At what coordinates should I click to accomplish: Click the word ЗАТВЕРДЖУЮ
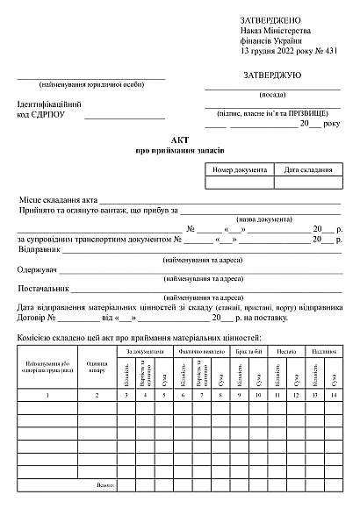tap(272, 75)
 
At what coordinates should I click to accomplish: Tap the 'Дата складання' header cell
tap(307, 169)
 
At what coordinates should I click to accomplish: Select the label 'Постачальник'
tap(43, 288)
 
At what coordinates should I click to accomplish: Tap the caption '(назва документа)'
tap(264, 219)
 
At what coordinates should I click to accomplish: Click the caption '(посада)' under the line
tap(272, 94)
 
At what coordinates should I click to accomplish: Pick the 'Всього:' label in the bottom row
tap(105, 484)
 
